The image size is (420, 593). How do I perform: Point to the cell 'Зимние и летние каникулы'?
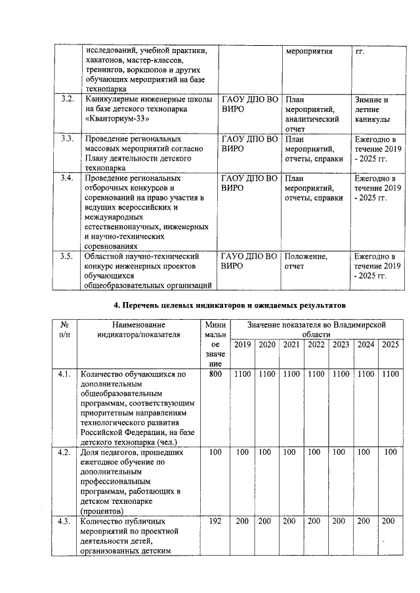point(376,110)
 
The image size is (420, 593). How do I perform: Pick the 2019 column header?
point(242,345)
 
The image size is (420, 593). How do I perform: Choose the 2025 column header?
point(390,345)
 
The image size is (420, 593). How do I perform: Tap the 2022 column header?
point(316,345)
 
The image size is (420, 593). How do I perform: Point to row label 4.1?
point(64,374)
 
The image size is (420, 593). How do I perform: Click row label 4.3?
point(64,521)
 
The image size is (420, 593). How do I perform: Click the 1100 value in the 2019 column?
point(242,374)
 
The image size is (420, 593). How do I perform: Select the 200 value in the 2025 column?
point(389,521)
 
